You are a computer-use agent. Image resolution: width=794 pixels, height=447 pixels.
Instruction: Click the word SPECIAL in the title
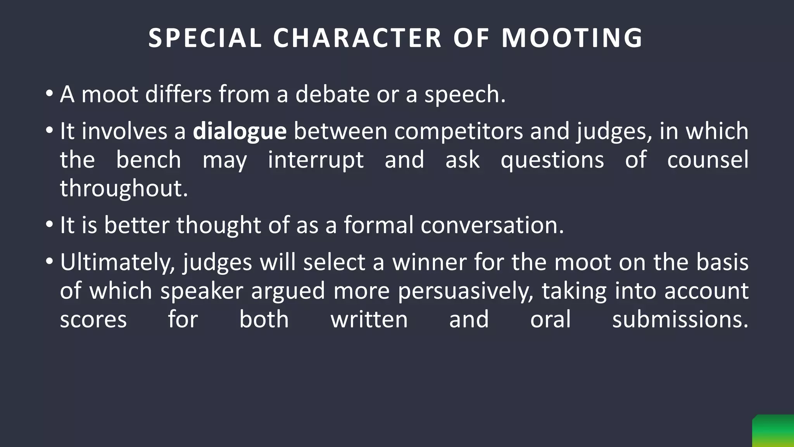(205, 38)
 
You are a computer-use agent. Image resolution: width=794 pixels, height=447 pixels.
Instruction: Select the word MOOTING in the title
(572, 38)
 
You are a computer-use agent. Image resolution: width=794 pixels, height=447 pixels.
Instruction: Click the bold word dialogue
(240, 131)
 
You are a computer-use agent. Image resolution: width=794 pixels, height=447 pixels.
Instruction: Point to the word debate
(332, 94)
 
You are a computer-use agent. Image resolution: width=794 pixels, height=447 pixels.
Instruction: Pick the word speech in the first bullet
(464, 95)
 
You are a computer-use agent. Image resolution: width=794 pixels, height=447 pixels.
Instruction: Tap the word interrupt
(316, 160)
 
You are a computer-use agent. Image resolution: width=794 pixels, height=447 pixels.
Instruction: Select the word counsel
(708, 159)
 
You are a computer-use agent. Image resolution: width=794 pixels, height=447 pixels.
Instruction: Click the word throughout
(123, 189)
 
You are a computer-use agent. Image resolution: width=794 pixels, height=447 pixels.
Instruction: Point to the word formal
(378, 225)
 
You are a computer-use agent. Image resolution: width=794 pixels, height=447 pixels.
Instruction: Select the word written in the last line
(369, 320)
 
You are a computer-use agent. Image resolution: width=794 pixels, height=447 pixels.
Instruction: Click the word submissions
(680, 320)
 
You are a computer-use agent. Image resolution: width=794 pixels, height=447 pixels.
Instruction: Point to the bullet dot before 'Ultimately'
(49, 262)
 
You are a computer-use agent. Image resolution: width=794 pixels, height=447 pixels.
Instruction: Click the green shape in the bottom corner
(773, 431)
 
